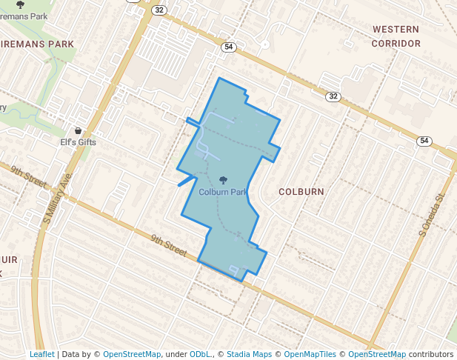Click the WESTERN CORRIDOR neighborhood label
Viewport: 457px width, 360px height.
396,36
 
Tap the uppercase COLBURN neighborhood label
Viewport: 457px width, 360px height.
301,192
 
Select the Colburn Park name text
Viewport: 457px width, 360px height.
223,193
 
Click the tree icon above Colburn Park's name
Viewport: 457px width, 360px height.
224,180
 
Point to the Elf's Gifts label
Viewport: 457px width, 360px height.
78,142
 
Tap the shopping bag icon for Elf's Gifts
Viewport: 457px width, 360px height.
78,130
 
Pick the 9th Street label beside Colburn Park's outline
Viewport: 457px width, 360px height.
169,245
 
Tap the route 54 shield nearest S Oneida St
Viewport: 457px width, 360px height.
424,141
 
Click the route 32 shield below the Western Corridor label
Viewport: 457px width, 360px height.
334,96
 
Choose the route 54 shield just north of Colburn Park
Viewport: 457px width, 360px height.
228,47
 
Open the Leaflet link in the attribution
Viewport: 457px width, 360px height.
42,354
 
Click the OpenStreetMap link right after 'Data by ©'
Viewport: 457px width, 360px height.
132,354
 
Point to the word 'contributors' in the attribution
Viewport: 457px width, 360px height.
431,354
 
